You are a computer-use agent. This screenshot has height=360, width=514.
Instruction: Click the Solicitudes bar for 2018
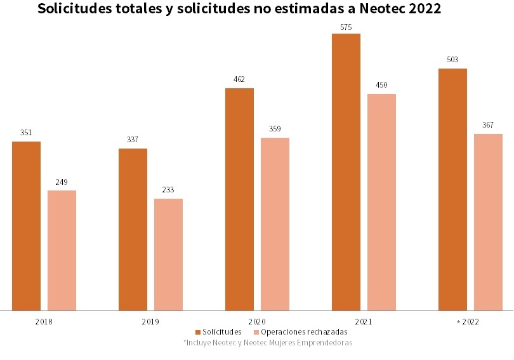click(x=26, y=225)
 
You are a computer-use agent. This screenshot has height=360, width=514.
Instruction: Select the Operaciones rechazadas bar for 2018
click(x=62, y=250)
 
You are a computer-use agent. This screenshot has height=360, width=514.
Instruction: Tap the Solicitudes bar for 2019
click(x=133, y=229)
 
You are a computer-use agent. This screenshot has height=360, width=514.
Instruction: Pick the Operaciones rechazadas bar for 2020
click(x=275, y=223)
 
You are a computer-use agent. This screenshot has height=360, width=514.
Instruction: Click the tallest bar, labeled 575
click(x=346, y=171)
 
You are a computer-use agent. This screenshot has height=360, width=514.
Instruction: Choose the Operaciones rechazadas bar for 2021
click(x=381, y=202)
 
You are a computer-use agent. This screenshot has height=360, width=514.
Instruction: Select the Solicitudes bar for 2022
click(x=452, y=189)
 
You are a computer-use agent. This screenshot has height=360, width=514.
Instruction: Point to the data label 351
click(x=26, y=133)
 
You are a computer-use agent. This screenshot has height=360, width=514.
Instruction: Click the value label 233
click(x=168, y=189)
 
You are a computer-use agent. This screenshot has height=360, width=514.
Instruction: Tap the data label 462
click(x=239, y=79)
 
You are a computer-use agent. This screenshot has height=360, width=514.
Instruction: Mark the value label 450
click(x=381, y=85)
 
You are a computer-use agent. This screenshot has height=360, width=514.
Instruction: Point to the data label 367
click(x=488, y=124)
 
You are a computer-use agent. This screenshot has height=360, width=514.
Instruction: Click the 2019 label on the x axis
click(x=150, y=322)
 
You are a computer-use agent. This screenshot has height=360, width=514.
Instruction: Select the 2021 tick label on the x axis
click(x=364, y=322)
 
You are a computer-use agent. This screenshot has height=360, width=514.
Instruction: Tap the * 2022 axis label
click(x=468, y=322)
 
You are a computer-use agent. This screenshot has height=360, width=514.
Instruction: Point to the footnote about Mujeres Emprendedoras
click(x=267, y=342)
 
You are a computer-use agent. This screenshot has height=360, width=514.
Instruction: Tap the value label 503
click(x=452, y=60)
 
